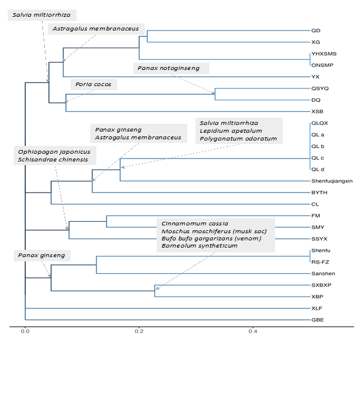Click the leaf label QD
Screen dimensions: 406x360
tap(315, 30)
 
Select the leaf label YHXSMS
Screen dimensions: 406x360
tap(324, 53)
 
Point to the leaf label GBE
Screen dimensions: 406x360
tap(317, 320)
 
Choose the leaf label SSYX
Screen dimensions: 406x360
tap(319, 239)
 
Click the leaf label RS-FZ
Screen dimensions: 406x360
tap(320, 261)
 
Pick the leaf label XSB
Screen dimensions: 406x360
tap(317, 112)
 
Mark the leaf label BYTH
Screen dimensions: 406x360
tap(319, 193)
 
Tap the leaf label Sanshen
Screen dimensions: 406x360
tap(322, 273)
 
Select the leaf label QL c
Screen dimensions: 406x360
tap(318, 158)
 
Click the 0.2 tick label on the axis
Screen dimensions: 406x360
tap(139, 331)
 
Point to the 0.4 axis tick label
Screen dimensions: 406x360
tap(253, 331)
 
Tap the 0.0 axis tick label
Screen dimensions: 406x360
tap(25, 331)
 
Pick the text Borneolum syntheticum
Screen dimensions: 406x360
tap(199, 245)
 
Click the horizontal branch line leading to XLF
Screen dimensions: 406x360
tap(167, 308)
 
